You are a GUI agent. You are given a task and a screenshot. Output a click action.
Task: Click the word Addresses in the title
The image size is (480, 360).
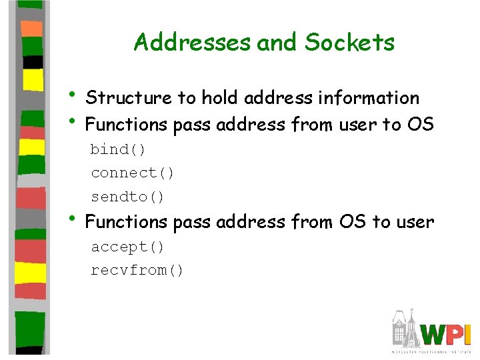[x=192, y=43]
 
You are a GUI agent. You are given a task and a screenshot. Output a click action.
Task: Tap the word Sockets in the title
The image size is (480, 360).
[x=350, y=43]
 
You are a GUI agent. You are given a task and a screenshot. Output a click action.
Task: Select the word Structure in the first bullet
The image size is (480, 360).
[x=129, y=98]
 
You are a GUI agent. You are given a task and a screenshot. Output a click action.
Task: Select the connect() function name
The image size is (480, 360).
[x=133, y=173]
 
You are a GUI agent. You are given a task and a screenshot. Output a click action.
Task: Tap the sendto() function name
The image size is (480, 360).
[x=127, y=197]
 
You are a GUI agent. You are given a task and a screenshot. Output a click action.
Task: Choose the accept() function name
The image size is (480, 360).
[x=127, y=247]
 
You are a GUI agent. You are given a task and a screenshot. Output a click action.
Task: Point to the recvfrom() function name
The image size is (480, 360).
[x=137, y=271]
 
